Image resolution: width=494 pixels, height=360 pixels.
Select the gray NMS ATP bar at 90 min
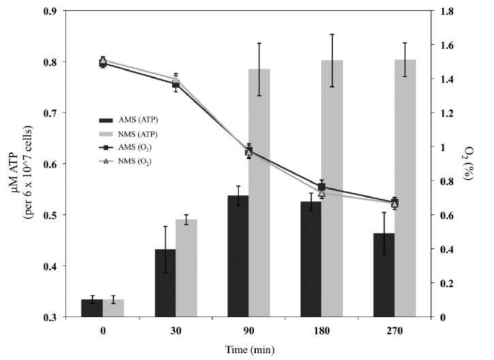259,193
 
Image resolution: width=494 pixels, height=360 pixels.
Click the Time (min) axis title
248,350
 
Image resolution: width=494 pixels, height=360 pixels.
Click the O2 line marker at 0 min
103,63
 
